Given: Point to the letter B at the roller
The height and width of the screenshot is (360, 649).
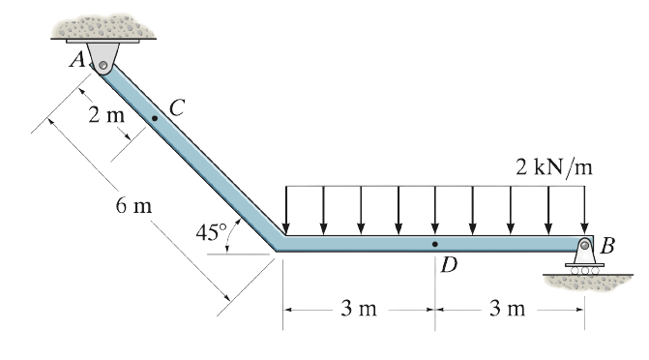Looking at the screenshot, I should [607, 244].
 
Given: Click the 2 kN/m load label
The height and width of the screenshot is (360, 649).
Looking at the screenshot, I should [553, 165].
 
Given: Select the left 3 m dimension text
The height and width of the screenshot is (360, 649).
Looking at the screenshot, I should [359, 310].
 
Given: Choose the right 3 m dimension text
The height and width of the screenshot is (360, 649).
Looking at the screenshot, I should [508, 310].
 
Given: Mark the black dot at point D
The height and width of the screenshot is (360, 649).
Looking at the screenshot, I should [434, 244].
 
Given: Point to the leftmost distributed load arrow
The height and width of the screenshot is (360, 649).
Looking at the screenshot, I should [285, 210].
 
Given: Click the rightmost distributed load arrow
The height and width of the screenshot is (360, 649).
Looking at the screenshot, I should [585, 210].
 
